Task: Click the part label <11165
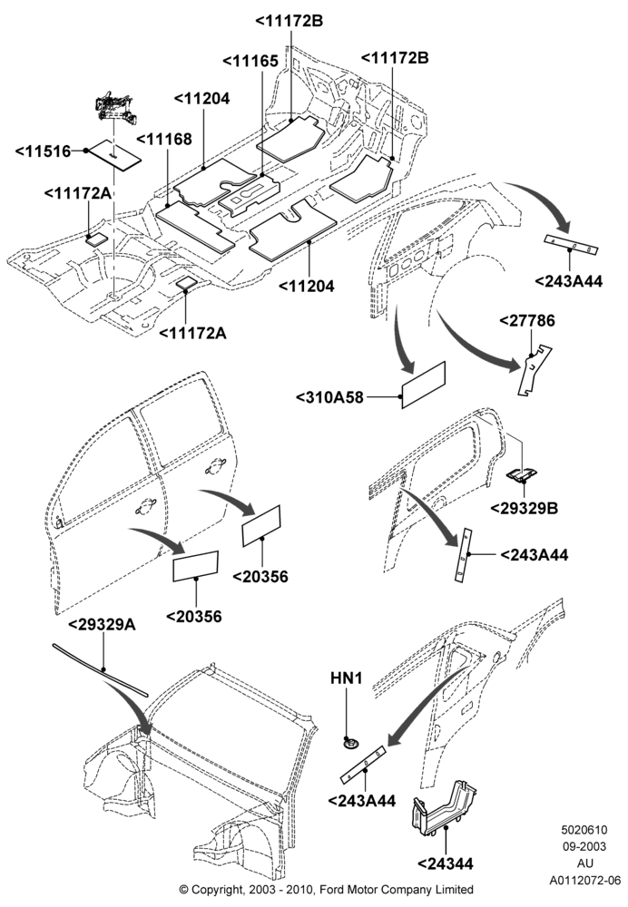[250, 61]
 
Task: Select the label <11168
[164, 140]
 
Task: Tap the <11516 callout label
[43, 151]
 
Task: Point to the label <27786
[526, 320]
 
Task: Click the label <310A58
[329, 397]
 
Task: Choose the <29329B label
[525, 508]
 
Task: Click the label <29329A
[102, 624]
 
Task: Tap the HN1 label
[347, 678]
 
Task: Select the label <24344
[446, 863]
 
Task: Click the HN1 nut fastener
[349, 742]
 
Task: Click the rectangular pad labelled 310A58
[424, 385]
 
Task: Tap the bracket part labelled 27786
[534, 370]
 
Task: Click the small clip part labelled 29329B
[522, 475]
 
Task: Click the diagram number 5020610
[584, 830]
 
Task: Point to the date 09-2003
[584, 846]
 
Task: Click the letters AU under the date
[585, 863]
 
